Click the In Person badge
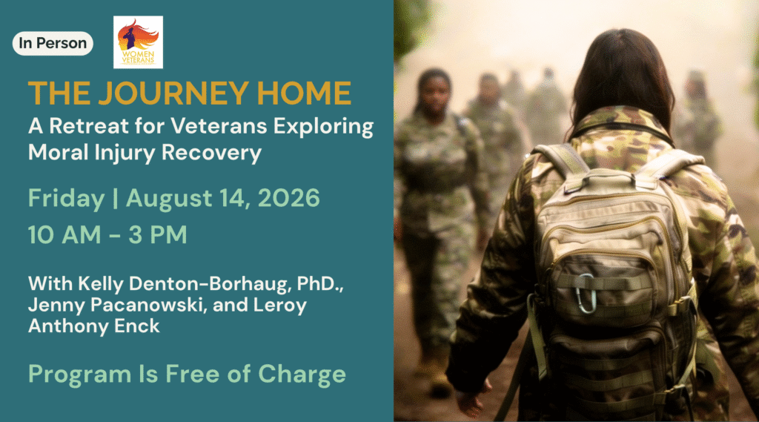click(53, 43)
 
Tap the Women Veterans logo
click(138, 42)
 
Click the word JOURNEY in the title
click(173, 93)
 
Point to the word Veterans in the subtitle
click(219, 126)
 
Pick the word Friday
click(66, 199)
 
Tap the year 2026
click(288, 198)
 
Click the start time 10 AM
click(64, 234)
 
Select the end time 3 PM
click(158, 234)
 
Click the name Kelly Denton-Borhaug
click(159, 284)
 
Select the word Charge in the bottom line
click(302, 375)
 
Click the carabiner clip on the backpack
click(587, 293)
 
